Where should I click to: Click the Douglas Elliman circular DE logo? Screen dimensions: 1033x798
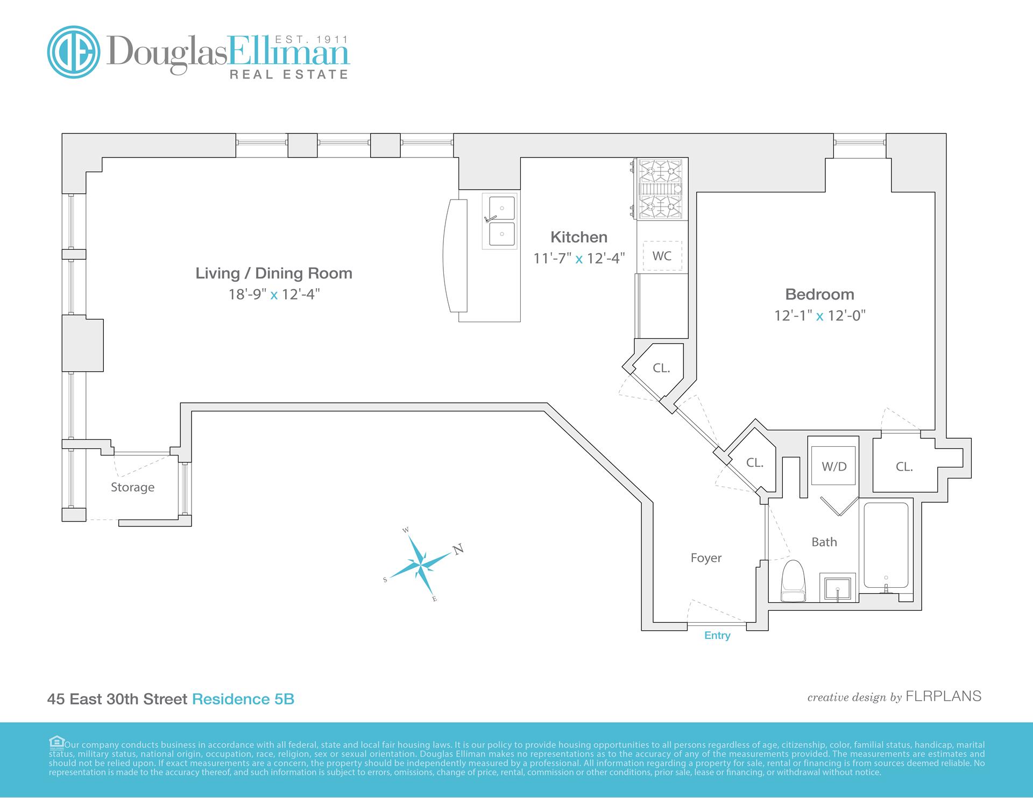[x=74, y=52]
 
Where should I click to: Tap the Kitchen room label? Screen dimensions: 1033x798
[x=578, y=237]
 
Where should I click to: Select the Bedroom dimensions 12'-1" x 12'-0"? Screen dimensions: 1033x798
[x=819, y=316]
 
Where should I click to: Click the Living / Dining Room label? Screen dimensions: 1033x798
[x=273, y=273]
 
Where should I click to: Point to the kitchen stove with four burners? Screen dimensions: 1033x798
[x=662, y=189]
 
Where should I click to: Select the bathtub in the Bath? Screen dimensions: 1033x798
[x=886, y=546]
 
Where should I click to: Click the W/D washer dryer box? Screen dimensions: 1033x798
[x=833, y=466]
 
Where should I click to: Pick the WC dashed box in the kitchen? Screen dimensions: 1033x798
[x=662, y=256]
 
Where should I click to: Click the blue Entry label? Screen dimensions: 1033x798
[x=717, y=636]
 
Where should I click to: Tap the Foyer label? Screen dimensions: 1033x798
[x=706, y=558]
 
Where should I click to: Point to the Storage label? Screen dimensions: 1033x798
[x=132, y=487]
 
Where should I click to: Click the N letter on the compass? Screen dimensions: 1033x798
[x=458, y=550]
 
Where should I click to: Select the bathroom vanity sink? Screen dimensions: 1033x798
[x=838, y=587]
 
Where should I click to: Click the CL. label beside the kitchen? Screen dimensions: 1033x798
[x=661, y=368]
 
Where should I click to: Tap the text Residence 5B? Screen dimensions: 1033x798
[x=243, y=699]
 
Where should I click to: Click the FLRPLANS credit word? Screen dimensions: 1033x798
[x=944, y=696]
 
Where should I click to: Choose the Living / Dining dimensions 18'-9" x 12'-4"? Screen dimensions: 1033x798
[x=274, y=295]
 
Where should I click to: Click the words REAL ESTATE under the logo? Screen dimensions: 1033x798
[x=289, y=75]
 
